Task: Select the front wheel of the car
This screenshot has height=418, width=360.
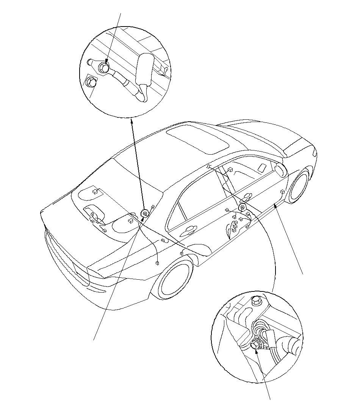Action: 299,186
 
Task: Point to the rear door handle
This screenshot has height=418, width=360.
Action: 188,229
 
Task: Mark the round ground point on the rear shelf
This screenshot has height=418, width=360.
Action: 144,213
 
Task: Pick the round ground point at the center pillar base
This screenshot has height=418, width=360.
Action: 241,207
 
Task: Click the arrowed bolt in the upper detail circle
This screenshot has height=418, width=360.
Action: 103,67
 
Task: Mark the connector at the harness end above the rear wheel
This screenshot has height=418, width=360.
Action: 157,262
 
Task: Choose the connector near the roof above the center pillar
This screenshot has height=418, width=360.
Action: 230,169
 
